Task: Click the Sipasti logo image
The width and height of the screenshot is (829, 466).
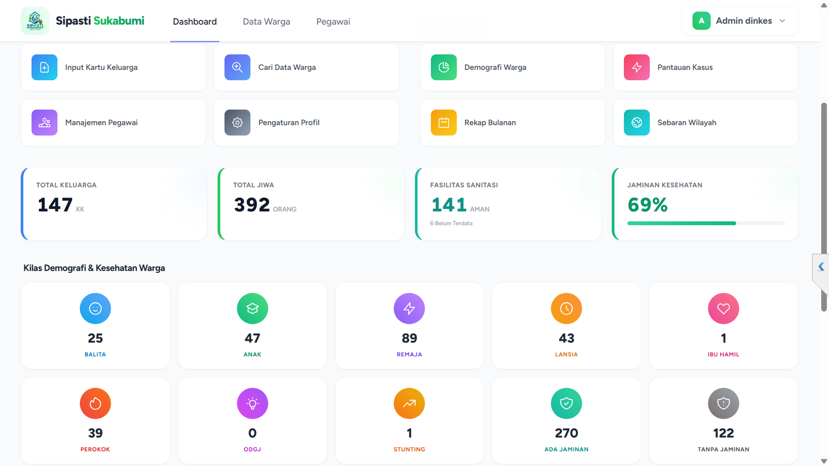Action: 35,21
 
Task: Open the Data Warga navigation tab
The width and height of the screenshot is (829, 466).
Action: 266,21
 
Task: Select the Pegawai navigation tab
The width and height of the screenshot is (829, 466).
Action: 333,21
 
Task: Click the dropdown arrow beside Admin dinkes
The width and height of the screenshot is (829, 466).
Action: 782,21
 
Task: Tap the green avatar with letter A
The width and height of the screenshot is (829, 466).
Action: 702,21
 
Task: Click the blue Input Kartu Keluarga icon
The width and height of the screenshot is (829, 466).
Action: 45,67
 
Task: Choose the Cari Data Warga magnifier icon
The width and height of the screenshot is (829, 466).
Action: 237,67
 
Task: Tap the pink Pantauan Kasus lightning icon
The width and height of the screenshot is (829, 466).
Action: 637,67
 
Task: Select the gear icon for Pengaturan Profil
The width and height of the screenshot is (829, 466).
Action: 237,122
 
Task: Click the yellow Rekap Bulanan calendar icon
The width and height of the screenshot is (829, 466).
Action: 444,122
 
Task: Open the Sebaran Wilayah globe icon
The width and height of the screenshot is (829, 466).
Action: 637,122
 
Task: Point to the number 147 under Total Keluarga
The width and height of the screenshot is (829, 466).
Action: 55,205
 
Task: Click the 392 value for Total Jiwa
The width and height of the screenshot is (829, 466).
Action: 252,205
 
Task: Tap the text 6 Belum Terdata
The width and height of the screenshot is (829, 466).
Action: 451,223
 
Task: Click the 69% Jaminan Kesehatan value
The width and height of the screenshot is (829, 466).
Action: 647,205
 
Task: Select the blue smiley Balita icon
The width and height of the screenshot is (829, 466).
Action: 95,309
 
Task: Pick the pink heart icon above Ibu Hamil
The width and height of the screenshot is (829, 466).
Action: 723,309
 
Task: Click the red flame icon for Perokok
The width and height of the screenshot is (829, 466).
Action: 95,403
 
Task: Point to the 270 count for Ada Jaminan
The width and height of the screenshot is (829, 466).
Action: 566,433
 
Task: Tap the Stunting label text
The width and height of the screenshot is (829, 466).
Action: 409,449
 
